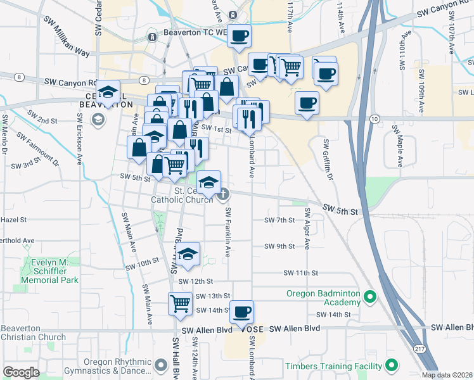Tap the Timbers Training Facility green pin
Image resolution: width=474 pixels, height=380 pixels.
click(392, 365)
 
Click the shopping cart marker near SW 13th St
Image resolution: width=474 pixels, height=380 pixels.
click(180, 303)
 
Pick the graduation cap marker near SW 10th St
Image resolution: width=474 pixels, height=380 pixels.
click(188, 254)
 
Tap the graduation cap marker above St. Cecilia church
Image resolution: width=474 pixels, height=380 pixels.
click(208, 183)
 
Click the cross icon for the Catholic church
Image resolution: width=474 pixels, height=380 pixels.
click(222, 194)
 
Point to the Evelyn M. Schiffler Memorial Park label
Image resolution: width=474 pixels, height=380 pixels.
click(49, 271)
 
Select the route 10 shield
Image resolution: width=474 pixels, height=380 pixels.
click(375, 118)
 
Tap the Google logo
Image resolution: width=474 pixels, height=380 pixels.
click(21, 372)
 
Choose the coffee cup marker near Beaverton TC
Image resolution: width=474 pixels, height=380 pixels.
click(239, 36)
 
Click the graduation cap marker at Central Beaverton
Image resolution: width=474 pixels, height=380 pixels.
click(108, 92)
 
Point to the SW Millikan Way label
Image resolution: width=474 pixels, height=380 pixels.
click(66, 42)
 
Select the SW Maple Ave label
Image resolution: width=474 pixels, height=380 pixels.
click(398, 146)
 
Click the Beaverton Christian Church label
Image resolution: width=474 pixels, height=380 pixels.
click(33, 332)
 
